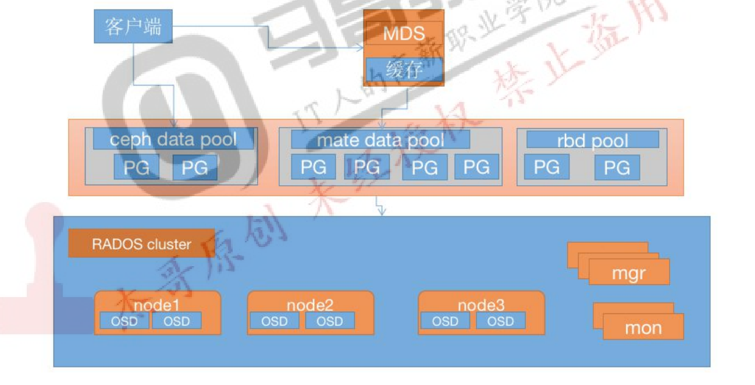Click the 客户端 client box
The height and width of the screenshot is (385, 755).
click(x=133, y=27)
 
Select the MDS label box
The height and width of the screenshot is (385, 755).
click(x=404, y=33)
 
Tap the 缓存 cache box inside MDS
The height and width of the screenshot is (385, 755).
click(x=404, y=70)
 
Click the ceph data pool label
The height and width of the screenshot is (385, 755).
click(x=173, y=140)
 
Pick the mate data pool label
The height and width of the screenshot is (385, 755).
click(x=380, y=140)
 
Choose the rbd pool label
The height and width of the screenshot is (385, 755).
click(x=592, y=140)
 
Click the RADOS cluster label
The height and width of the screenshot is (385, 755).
click(x=141, y=244)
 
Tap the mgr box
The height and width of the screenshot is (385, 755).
click(x=629, y=273)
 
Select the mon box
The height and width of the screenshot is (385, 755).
click(x=643, y=327)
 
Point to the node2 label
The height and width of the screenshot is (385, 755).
click(x=309, y=305)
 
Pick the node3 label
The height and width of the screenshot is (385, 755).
click(x=480, y=305)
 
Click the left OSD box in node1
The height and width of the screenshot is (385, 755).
click(x=124, y=321)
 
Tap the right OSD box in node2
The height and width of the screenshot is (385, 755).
click(x=330, y=321)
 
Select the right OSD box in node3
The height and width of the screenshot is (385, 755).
click(x=500, y=321)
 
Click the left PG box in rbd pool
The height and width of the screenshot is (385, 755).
click(x=546, y=168)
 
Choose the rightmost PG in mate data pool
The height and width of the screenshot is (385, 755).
click(x=476, y=167)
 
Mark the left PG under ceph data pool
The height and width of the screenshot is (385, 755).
click(x=136, y=168)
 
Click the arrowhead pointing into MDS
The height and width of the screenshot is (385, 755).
click(x=360, y=48)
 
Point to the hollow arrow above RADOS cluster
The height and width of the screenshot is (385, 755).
click(x=381, y=207)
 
